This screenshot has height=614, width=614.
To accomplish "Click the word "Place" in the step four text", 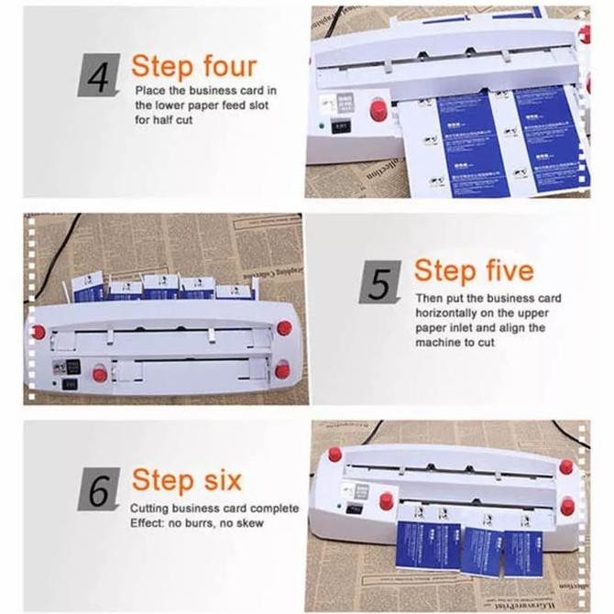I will tap(151, 91).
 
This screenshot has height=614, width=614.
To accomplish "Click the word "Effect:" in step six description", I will tap(147, 523).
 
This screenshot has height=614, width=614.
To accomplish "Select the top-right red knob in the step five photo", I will tap(284, 327).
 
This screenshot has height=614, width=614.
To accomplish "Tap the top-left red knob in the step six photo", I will tap(334, 455).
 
